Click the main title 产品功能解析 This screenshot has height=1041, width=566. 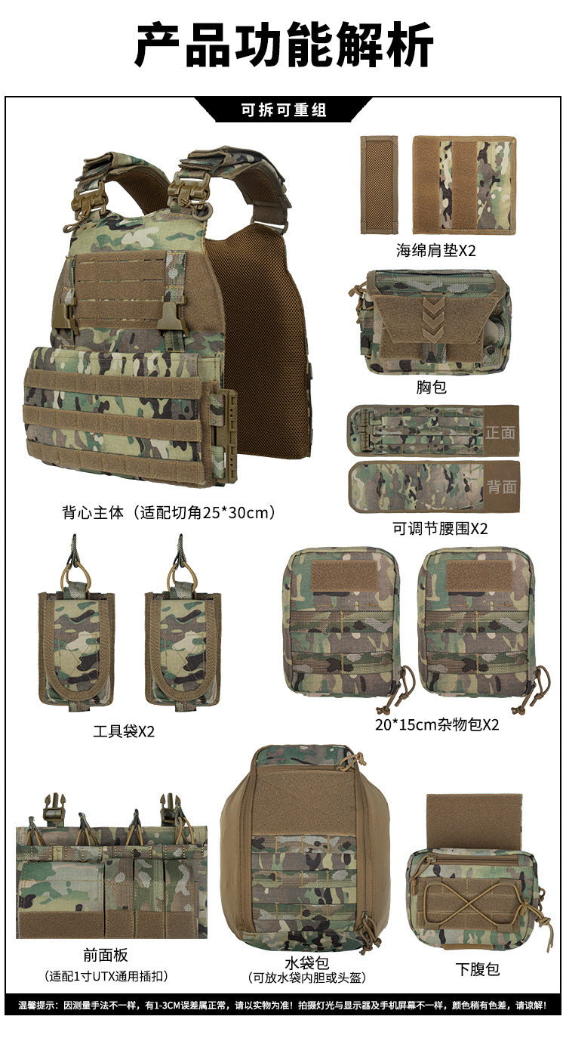pyautogui.click(x=284, y=45)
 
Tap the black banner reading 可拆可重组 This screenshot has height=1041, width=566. pyautogui.click(x=283, y=110)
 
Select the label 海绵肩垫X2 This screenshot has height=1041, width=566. pyautogui.click(x=436, y=251)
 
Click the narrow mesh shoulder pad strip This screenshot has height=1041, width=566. pyautogui.click(x=380, y=184)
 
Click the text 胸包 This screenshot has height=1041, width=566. pyautogui.click(x=432, y=387)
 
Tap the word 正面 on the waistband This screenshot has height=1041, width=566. pyautogui.click(x=500, y=433)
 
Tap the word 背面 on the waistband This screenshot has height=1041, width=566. pyautogui.click(x=501, y=487)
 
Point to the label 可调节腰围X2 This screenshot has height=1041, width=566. pyautogui.click(x=440, y=528)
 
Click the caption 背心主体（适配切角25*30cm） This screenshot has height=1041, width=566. pyautogui.click(x=169, y=513)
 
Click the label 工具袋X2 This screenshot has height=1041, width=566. pyautogui.click(x=124, y=731)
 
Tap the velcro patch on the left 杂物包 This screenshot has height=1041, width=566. pyautogui.click(x=344, y=576)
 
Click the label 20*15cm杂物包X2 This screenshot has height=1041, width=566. pyautogui.click(x=437, y=724)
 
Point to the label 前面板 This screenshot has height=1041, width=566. pyautogui.click(x=106, y=955)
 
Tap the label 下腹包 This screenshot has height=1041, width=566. pyautogui.click(x=478, y=969)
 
